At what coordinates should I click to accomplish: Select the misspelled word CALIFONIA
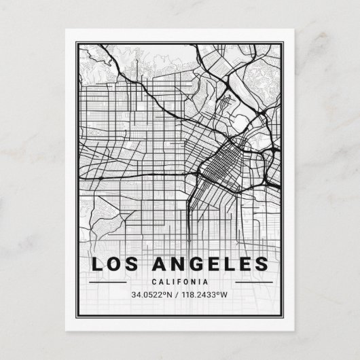(x=180, y=281)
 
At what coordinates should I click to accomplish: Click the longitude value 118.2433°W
(x=208, y=295)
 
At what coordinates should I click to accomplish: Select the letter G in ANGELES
(x=196, y=264)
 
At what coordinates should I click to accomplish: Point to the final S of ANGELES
(x=262, y=264)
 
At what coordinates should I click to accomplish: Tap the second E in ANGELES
(x=245, y=264)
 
